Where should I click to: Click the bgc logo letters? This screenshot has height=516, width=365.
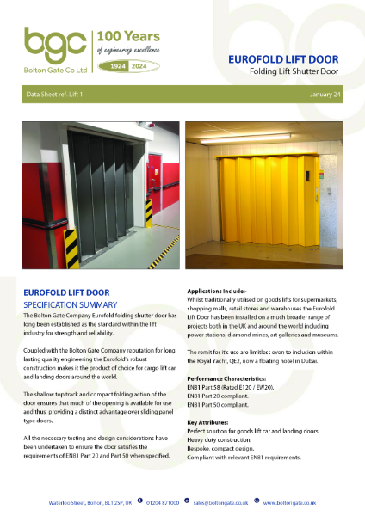click(x=53, y=43)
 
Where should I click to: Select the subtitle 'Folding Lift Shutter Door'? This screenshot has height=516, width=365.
click(x=296, y=72)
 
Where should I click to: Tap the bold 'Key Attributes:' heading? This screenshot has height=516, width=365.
click(x=209, y=422)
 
